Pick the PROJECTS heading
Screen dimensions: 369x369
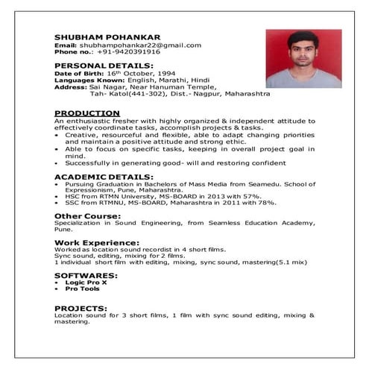tap(81, 308)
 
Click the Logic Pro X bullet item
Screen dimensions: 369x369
tap(86, 283)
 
